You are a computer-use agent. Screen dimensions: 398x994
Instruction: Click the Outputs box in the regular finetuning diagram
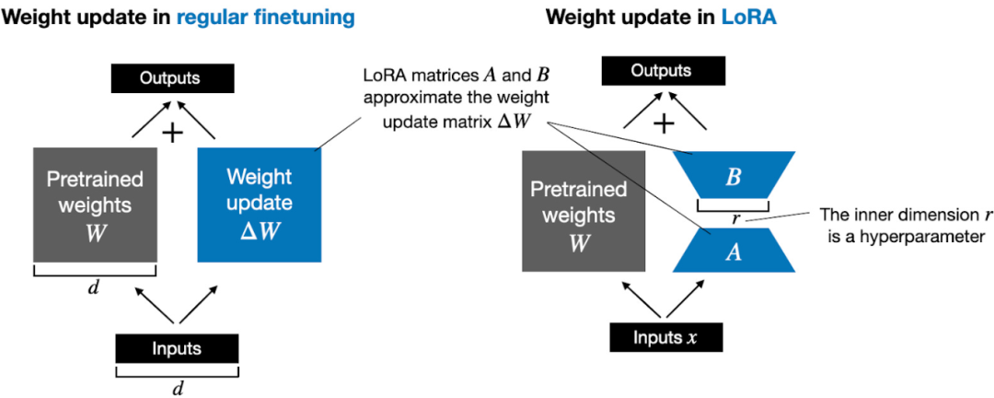(170, 78)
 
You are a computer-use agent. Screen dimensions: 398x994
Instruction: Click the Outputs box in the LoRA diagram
(661, 78)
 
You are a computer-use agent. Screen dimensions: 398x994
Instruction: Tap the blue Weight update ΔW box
(260, 203)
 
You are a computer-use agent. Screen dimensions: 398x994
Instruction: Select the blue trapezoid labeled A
(733, 252)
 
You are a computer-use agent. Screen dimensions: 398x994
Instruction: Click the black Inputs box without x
(177, 349)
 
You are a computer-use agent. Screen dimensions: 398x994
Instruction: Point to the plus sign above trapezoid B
(664, 126)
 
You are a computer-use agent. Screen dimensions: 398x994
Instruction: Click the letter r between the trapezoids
(734, 219)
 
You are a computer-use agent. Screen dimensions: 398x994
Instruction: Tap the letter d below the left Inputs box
(178, 388)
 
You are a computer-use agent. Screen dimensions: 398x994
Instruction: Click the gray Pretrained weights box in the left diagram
(95, 203)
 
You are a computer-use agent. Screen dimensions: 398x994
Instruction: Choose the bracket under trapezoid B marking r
(733, 205)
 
